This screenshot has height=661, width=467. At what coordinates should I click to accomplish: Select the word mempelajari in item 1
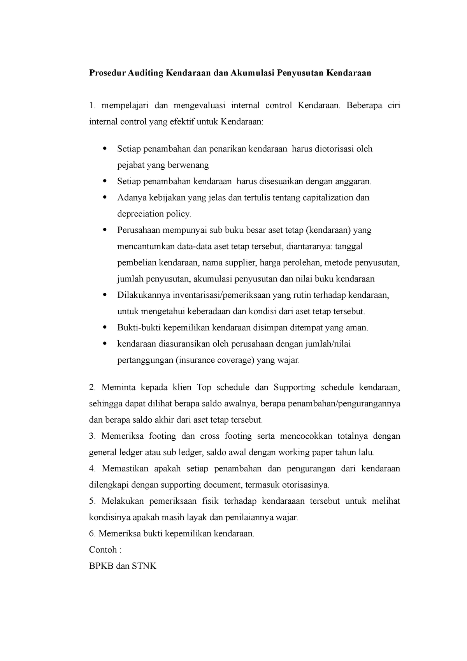(x=125, y=105)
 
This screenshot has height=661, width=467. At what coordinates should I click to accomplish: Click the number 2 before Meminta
(x=91, y=387)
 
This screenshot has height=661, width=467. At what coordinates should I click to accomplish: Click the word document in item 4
(x=221, y=485)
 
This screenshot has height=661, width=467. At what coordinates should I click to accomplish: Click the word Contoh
(x=103, y=550)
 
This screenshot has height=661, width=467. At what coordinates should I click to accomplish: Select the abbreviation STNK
(x=144, y=566)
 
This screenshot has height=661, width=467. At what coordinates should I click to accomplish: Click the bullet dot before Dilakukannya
(x=104, y=295)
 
